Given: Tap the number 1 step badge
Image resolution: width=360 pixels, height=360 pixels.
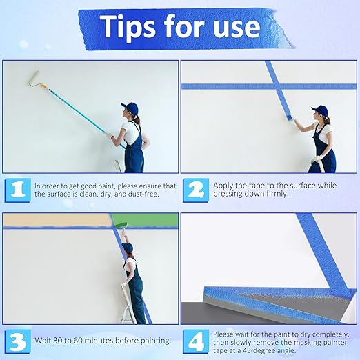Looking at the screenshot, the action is pyautogui.click(x=18, y=190).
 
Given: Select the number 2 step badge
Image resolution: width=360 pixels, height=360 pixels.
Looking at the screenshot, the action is pyautogui.click(x=196, y=190).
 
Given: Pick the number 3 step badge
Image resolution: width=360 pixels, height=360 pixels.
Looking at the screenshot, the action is pyautogui.click(x=18, y=341).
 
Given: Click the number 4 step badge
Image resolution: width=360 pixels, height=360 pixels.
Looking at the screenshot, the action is pyautogui.click(x=196, y=341).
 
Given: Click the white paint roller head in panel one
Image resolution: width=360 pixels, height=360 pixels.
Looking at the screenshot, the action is pyautogui.click(x=33, y=79).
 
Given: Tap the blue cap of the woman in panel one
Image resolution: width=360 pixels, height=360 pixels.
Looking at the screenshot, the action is pyautogui.click(x=130, y=108).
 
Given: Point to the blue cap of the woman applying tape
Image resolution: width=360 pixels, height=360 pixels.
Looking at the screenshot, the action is pyautogui.click(x=319, y=110).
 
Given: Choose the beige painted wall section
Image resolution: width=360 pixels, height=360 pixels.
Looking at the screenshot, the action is pyautogui.click(x=57, y=219).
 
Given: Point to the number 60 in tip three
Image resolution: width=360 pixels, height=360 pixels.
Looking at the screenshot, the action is pyautogui.click(x=78, y=341).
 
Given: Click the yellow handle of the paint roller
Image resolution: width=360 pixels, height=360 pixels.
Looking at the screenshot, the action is pyautogui.click(x=43, y=86).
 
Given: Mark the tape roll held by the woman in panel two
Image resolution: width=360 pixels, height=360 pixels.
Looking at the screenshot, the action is pyautogui.click(x=290, y=118).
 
